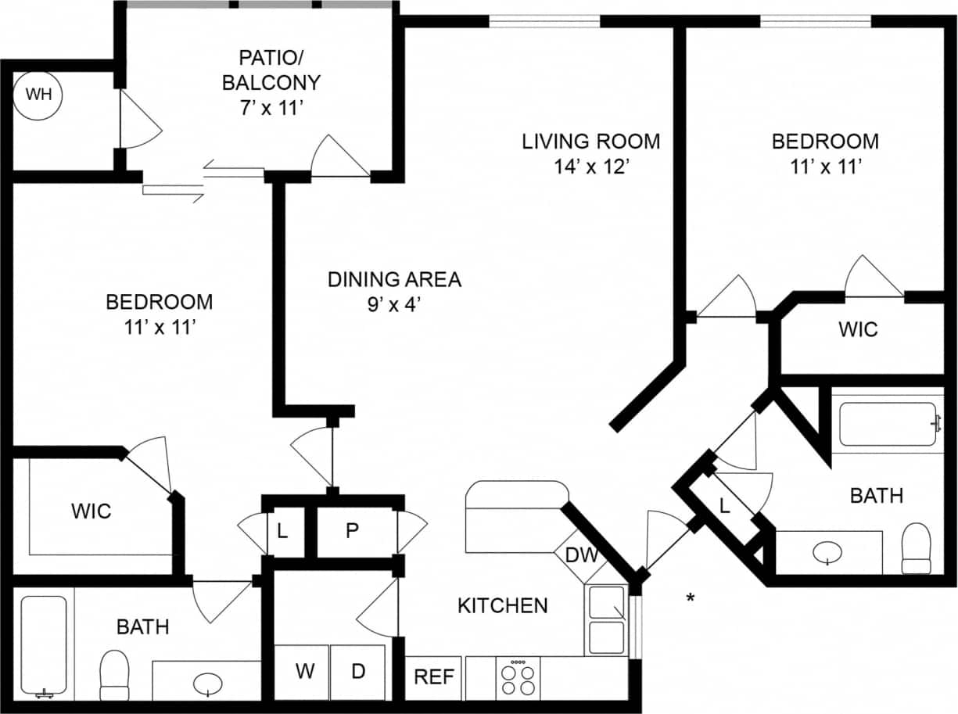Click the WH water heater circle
coord(39,95)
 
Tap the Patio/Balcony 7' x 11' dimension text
coord(271,108)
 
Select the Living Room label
coord(591,142)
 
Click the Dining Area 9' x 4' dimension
coord(394,304)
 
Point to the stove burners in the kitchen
coord(518,678)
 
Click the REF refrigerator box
coord(434,676)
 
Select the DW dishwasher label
coord(581,556)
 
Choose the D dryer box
coord(357,672)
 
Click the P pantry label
coord(353,530)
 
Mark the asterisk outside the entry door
coord(691,599)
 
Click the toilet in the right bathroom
coord(916,548)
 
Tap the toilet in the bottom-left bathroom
coord(114,675)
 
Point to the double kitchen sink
coord(606,620)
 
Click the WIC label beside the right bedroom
coord(858,329)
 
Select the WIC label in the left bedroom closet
coord(91,511)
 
